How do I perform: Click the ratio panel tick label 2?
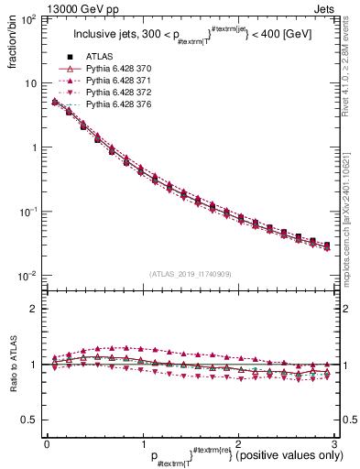coord(33,309)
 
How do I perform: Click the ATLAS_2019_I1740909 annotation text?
coord(190,274)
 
